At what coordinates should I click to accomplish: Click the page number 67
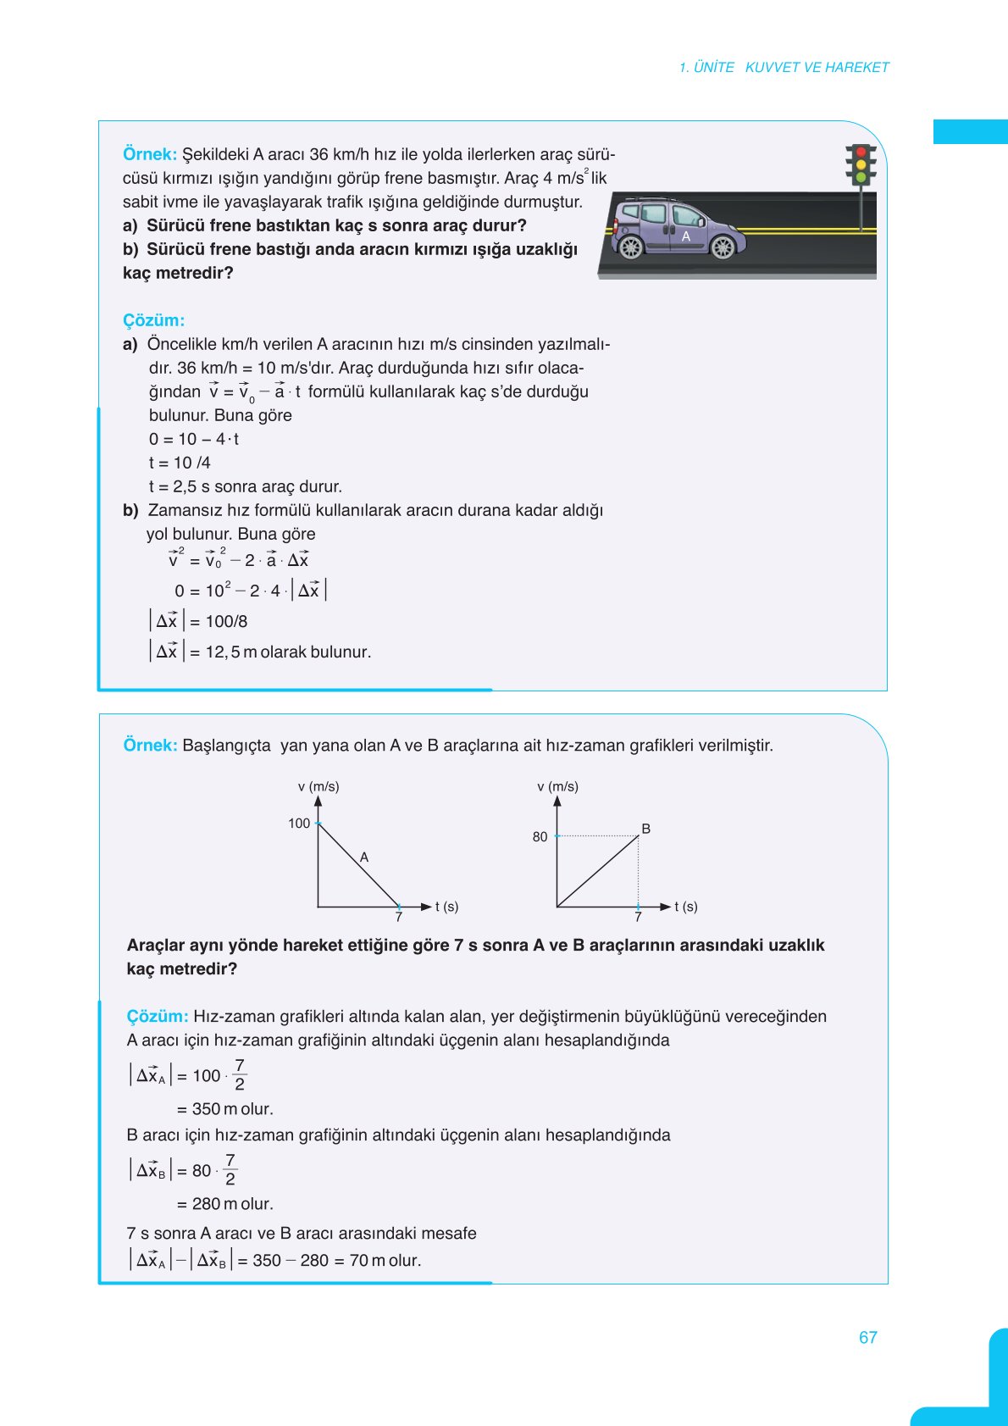(867, 1337)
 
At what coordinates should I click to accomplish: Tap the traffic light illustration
(861, 165)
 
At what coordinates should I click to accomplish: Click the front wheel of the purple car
(723, 247)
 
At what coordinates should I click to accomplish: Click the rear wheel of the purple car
(630, 247)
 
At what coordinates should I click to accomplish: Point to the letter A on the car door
(686, 236)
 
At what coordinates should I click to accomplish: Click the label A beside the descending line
(364, 857)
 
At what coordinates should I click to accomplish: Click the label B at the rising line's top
(646, 829)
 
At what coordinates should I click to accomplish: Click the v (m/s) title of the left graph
(318, 786)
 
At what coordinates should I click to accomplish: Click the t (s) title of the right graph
(686, 907)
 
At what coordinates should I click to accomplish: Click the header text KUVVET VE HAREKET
(817, 67)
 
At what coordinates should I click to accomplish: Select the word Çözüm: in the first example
(153, 320)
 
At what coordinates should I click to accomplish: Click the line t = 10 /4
(180, 463)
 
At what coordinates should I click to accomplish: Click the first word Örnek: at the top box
(149, 154)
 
